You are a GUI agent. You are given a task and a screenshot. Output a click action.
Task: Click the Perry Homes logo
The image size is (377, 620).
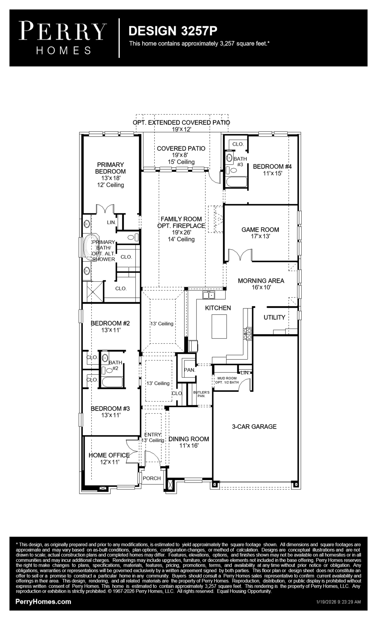62,38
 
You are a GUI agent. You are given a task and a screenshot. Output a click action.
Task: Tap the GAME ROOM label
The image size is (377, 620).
260,229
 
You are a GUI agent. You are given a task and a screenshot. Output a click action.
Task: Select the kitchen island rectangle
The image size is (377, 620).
219,326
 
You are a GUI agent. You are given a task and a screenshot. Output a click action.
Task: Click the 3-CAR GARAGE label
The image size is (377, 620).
254,426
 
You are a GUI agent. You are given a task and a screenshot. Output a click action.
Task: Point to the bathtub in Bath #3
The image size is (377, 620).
236,182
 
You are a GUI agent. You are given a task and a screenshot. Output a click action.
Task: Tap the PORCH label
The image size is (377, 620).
152,478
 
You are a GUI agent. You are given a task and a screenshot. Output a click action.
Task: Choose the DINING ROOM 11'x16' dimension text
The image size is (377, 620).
189,445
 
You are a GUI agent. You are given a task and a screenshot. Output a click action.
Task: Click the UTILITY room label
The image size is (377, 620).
274,317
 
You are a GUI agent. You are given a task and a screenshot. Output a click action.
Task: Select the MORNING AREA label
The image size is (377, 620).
261,280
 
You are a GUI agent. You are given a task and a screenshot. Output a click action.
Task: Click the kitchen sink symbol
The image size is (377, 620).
209,295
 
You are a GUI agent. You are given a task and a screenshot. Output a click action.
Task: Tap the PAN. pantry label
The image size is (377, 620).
189,370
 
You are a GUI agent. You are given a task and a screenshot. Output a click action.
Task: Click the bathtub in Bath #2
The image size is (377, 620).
112,382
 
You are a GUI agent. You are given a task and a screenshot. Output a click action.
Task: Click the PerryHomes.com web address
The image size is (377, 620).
43,601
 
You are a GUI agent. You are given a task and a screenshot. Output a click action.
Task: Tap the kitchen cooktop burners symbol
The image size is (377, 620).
247,334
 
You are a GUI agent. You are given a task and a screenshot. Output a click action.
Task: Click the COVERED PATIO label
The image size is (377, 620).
181,148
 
